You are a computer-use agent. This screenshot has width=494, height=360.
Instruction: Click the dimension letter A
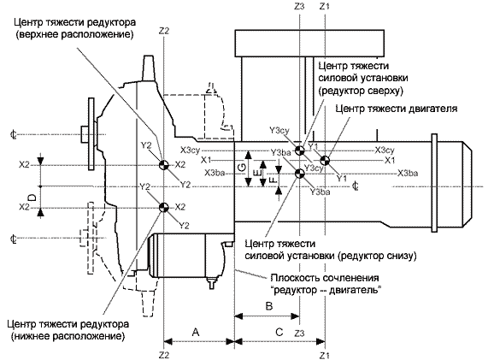[196, 332]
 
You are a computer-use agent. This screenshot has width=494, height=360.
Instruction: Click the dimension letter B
[269, 306]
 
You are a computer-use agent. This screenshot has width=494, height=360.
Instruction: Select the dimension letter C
[279, 333]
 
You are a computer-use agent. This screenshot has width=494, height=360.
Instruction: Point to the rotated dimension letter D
[32, 198]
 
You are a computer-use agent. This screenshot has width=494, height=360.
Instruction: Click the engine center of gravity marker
[325, 160]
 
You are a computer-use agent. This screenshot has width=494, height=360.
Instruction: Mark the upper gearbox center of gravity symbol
[164, 165]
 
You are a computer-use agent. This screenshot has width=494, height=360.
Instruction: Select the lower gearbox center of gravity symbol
[164, 208]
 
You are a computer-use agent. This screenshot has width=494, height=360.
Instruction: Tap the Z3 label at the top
[299, 6]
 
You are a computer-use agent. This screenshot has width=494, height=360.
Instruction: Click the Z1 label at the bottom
[325, 356]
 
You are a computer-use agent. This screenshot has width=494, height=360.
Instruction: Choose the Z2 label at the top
[164, 31]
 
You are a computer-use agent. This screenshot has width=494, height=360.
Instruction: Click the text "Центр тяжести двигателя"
[397, 109]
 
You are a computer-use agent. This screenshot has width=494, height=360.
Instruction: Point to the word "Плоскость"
[295, 278]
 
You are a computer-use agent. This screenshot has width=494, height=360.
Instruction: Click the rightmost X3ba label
[408, 173]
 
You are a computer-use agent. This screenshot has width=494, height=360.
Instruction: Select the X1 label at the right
[390, 161]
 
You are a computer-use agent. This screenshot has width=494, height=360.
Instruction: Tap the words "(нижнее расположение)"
[68, 336]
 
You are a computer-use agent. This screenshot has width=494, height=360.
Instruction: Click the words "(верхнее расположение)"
[74, 33]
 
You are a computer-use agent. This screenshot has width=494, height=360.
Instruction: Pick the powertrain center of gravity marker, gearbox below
[299, 174]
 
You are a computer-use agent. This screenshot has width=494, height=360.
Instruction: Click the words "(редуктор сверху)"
[361, 91]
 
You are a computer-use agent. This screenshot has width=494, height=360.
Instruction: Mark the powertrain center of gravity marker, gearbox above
[300, 150]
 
